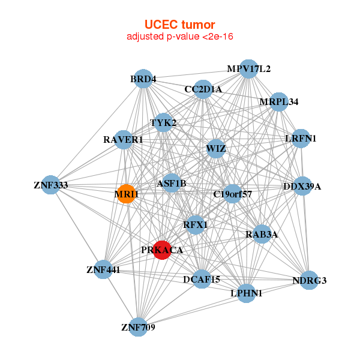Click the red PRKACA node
162,250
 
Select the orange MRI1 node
126,194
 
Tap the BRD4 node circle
143,79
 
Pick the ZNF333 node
50,185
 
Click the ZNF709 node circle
139,327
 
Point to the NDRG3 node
309,280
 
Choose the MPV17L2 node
248,69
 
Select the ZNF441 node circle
103,270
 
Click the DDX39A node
302,187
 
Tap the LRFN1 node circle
300,139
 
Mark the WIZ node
215,148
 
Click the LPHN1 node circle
246,293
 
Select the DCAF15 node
201,279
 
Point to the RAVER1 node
123,140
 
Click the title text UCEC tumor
179,25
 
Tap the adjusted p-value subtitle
179,37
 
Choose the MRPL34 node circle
278,102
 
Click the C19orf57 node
233,194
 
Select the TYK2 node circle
163,124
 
